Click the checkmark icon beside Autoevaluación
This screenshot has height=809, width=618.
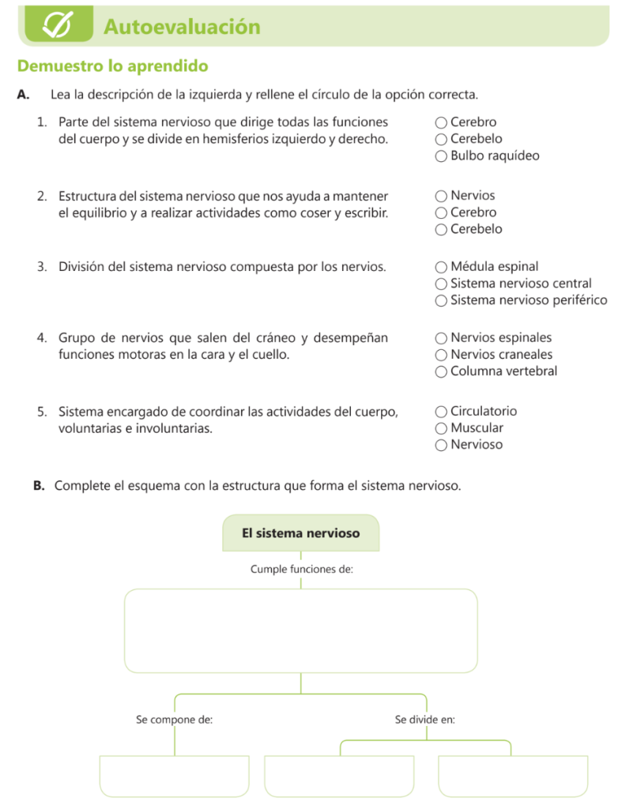point(58,26)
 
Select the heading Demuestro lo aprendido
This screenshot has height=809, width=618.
point(112,66)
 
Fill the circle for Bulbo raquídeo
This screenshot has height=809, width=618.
point(441,156)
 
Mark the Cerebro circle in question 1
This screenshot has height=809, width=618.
point(441,122)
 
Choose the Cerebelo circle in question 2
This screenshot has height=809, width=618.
point(441,230)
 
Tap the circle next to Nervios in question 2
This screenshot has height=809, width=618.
point(441,196)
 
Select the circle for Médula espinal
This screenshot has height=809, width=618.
point(441,267)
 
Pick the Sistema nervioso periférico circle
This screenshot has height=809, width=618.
point(441,301)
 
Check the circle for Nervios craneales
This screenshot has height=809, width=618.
point(441,356)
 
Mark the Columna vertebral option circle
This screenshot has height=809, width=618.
point(441,372)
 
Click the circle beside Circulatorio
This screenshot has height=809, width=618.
point(441,412)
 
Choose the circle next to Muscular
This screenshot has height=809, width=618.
point(441,428)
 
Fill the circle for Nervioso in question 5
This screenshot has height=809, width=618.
point(441,446)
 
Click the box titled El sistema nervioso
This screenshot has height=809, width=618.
point(300,533)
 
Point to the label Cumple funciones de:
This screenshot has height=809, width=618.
point(301,569)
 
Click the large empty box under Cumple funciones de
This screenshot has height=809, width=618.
point(300,630)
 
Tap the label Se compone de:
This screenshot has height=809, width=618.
point(174,720)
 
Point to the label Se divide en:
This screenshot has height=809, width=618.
point(424,720)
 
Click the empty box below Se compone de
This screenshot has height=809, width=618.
point(174,776)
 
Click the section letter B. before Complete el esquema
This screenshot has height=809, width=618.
point(39,486)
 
